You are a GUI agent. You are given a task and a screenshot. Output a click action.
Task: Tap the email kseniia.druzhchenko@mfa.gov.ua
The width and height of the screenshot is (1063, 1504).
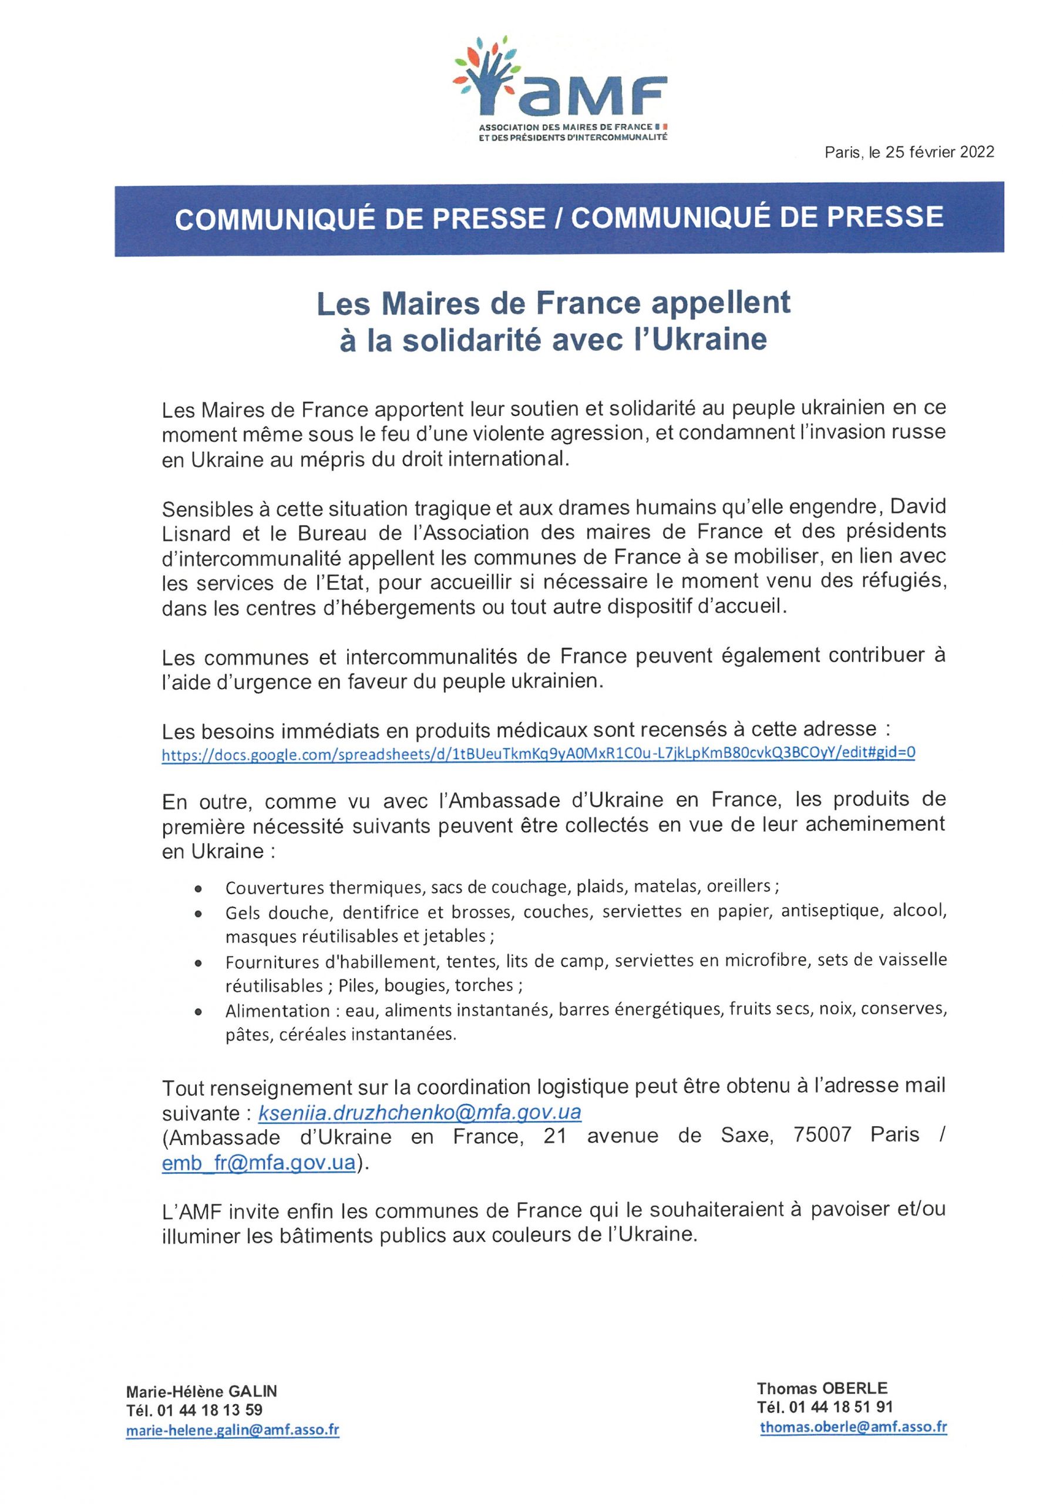(x=420, y=1113)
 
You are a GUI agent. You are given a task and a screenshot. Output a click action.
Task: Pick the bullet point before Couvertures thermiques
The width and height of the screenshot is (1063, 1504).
(x=198, y=890)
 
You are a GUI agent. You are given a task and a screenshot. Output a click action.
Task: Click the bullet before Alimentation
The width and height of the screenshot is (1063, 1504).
(x=198, y=1012)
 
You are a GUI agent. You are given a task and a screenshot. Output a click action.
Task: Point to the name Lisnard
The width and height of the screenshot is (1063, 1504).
(x=196, y=533)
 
